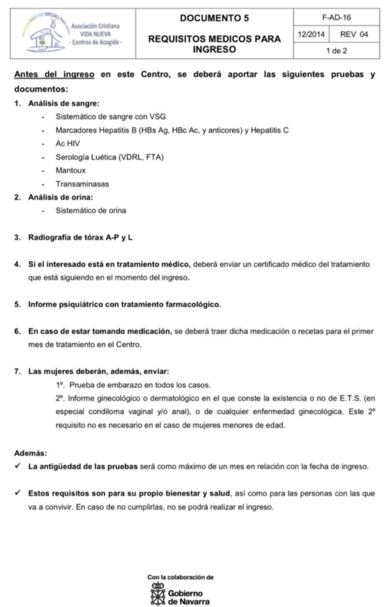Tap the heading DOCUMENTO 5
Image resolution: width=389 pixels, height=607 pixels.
(214, 18)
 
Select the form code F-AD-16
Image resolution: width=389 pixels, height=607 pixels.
(336, 18)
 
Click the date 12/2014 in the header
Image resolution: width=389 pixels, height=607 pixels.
(311, 34)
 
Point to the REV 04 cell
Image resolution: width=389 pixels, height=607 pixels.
(354, 34)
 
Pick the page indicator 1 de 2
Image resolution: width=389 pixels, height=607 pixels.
(336, 51)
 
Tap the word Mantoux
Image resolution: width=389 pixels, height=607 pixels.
(71, 170)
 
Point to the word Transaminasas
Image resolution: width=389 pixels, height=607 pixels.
(82, 184)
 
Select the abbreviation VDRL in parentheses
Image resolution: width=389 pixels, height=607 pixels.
(131, 157)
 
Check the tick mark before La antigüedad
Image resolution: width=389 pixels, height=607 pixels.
(17, 466)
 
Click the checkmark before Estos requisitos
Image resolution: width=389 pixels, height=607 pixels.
(17, 493)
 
